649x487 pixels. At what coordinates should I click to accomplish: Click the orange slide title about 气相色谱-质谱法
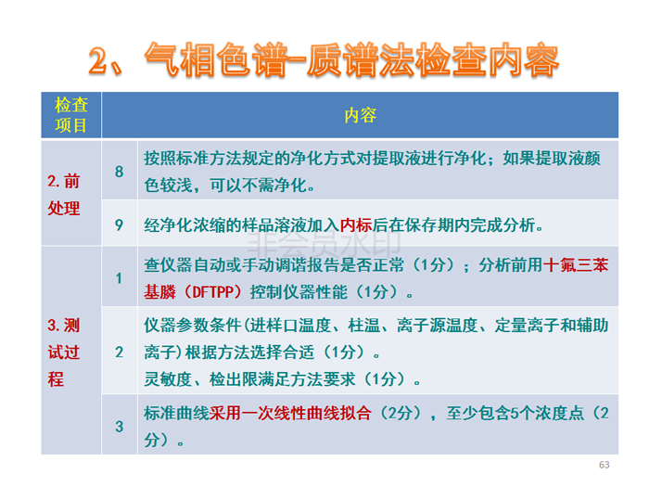[x=324, y=60]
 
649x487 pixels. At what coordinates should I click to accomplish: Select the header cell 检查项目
[x=71, y=115]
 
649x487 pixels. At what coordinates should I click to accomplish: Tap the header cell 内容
[x=360, y=115]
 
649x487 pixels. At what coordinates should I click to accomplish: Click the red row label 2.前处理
[x=63, y=195]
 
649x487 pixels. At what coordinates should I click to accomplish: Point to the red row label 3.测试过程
[x=63, y=352]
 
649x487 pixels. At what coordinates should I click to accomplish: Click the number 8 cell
[x=120, y=172]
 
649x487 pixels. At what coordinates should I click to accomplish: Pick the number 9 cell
[x=120, y=224]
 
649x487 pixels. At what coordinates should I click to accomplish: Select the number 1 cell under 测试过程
[x=120, y=278]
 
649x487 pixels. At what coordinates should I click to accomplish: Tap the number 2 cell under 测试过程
[x=120, y=352]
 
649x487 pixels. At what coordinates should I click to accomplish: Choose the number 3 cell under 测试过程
[x=120, y=426]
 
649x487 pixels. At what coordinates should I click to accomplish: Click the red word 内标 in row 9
[x=356, y=225]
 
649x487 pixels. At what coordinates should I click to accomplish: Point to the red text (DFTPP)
[x=213, y=292]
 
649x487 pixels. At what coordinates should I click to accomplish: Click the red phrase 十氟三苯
[x=576, y=265]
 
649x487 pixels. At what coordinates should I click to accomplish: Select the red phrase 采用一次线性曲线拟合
[x=290, y=414]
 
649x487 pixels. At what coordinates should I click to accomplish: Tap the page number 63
[x=604, y=465]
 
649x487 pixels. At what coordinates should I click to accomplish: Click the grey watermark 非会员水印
[x=324, y=243]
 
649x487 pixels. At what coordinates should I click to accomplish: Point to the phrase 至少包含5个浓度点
[x=515, y=414]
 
